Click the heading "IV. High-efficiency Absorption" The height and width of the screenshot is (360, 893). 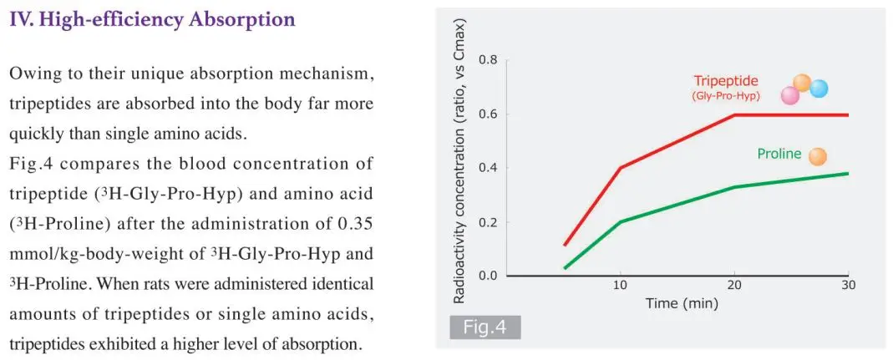pyautogui.click(x=152, y=19)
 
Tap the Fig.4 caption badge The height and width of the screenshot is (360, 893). pyautogui.click(x=485, y=326)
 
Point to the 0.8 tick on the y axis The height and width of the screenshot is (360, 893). pyautogui.click(x=489, y=60)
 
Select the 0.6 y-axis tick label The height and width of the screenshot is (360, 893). pyautogui.click(x=489, y=114)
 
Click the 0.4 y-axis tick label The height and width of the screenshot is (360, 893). pyautogui.click(x=489, y=168)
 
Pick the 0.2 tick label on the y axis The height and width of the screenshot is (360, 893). pyautogui.click(x=489, y=222)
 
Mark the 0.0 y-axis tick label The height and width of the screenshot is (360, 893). pyautogui.click(x=489, y=276)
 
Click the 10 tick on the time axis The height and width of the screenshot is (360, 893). pyautogui.click(x=621, y=286)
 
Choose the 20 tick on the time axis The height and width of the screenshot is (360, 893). pyautogui.click(x=734, y=286)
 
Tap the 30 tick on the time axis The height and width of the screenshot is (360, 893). pyautogui.click(x=849, y=286)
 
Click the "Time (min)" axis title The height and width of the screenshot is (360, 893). pyautogui.click(x=682, y=304)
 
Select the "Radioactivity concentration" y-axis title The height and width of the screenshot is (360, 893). pyautogui.click(x=459, y=167)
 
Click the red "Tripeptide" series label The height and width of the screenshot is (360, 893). pyautogui.click(x=726, y=81)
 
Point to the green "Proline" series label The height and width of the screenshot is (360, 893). pyautogui.click(x=779, y=154)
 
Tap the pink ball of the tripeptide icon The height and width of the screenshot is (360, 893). pyautogui.click(x=790, y=95)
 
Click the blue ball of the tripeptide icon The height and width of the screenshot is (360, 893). pyautogui.click(x=819, y=88)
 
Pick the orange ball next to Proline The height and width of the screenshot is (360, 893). pyautogui.click(x=818, y=156)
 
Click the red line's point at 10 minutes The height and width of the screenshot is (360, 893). pyautogui.click(x=621, y=167)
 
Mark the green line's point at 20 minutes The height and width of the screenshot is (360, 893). pyautogui.click(x=734, y=187)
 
